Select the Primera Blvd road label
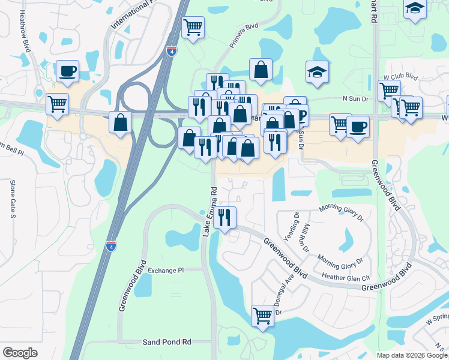pos(244,38)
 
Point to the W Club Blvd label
pos(400,76)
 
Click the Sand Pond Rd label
pos(166,342)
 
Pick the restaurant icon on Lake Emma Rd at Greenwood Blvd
pos(224,217)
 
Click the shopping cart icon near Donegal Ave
pos(262,314)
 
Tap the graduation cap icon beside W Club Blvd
pos(316,72)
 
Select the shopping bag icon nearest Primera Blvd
pos(261,70)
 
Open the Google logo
pos(20,353)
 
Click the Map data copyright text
pos(411,355)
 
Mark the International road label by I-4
pos(133,16)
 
